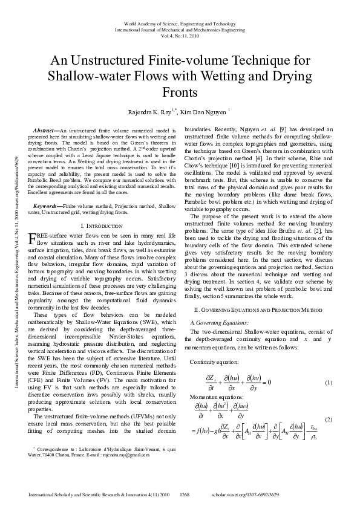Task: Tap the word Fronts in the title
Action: pyautogui.click(x=180, y=92)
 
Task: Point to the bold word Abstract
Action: pyautogui.click(x=43, y=130)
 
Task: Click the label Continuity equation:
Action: pyautogui.click(x=214, y=361)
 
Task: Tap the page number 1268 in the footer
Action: pyautogui.click(x=185, y=494)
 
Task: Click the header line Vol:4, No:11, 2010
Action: pyautogui.click(x=180, y=36)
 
